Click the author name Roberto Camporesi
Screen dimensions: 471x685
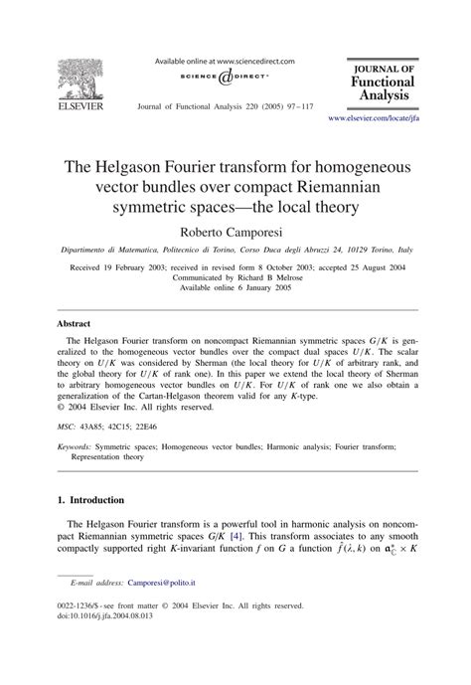point(235,231)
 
